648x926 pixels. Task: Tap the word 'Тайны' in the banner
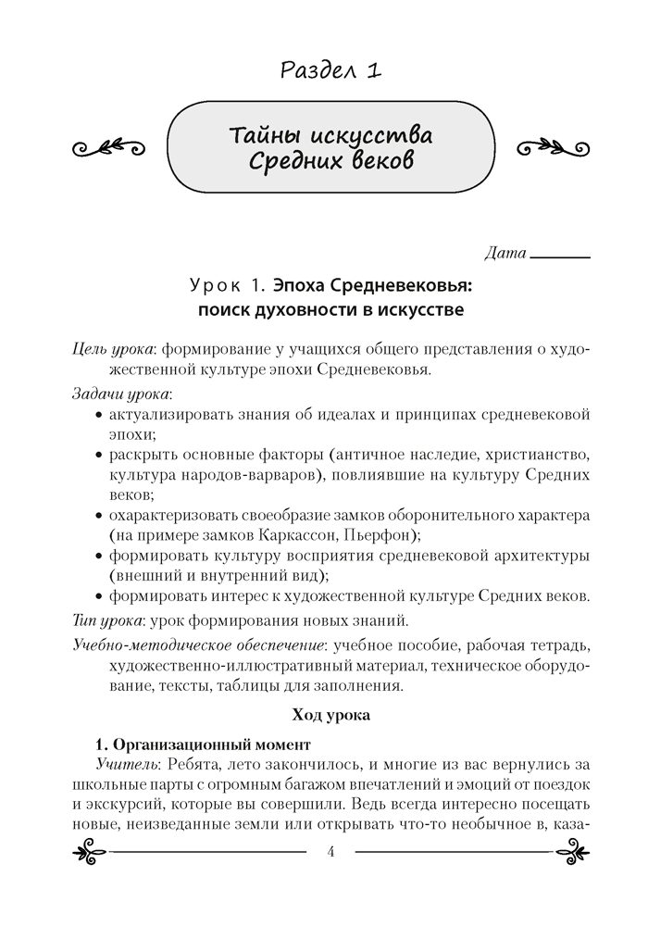tap(264, 137)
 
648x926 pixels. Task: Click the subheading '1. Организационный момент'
tap(204, 745)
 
